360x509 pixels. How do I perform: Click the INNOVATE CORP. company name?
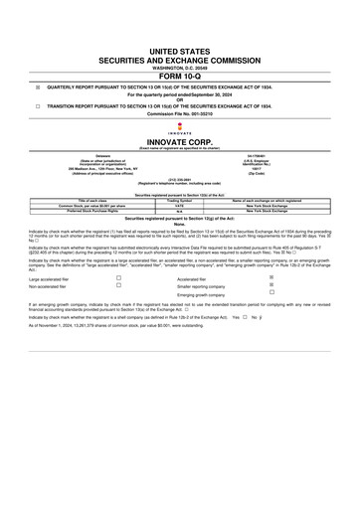tap(179, 142)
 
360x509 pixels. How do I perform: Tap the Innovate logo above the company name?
tap(179, 128)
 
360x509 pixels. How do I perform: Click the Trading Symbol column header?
tap(181, 200)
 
